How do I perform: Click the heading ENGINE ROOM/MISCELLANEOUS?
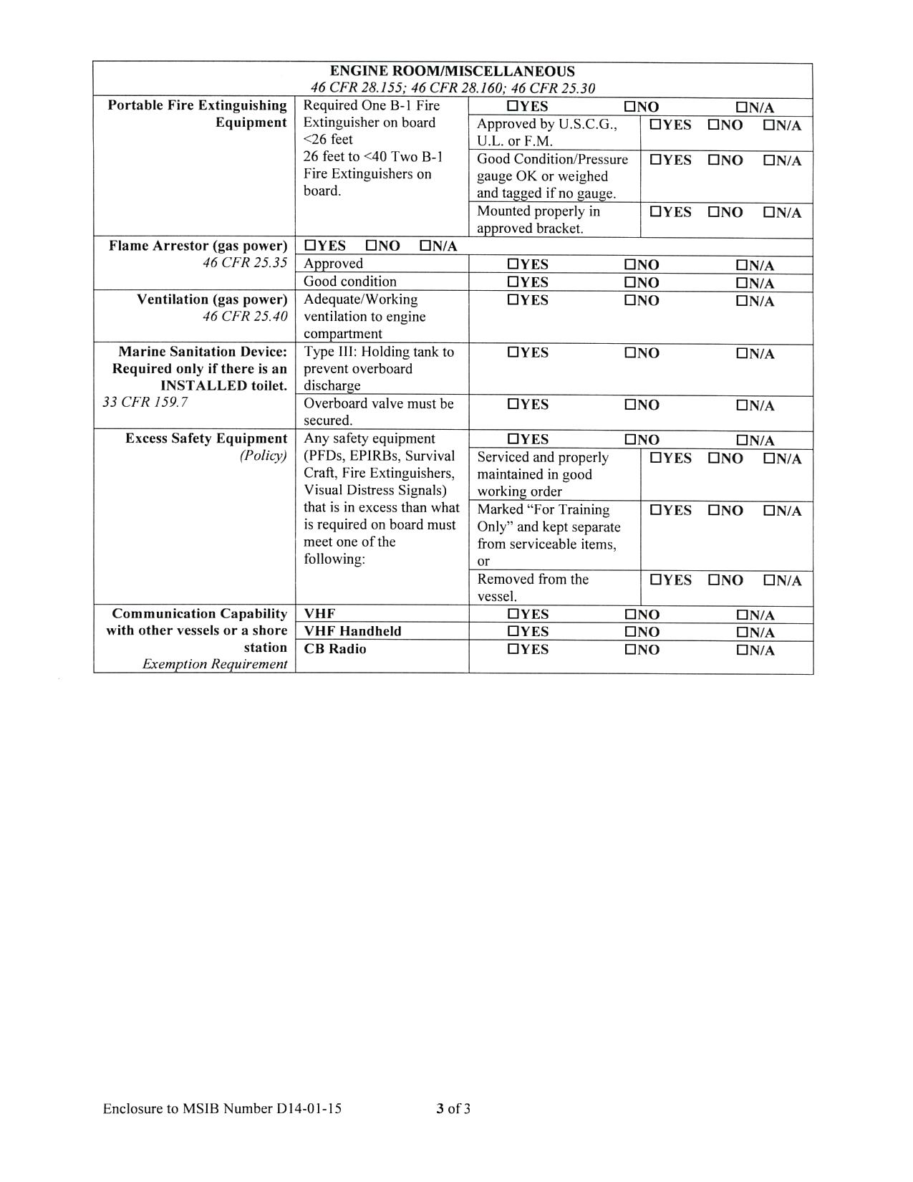pos(452,72)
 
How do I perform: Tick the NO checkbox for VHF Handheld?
pos(631,632)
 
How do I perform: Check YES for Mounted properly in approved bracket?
pos(655,213)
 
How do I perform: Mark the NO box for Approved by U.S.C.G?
pos(714,125)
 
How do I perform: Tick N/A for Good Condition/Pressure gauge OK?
pos(769,161)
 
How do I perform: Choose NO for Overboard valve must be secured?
pos(631,405)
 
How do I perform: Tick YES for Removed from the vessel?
pos(655,580)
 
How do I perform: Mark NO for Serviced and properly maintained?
pos(714,458)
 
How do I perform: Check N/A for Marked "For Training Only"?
pos(769,511)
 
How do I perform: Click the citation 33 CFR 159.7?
pos(145,402)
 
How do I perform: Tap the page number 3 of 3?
pos(453,1109)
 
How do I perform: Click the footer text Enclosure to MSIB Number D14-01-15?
pos(222,1109)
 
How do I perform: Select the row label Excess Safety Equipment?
pos(206,438)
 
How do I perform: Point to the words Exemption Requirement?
pos(215,664)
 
